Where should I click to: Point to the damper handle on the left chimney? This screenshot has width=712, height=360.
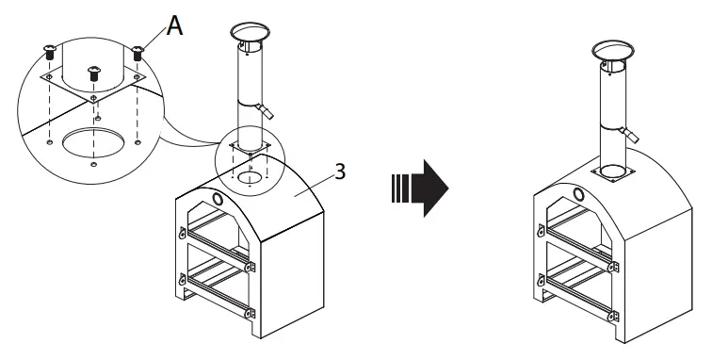click(268, 110)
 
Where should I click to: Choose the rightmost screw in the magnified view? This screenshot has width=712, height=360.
click(137, 52)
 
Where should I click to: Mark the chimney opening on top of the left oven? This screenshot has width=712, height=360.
click(251, 176)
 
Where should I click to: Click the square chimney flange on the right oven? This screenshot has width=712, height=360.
click(613, 173)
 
